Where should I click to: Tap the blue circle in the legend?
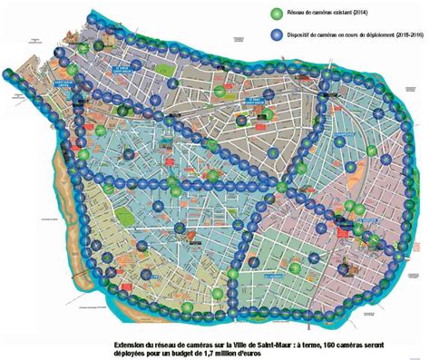click(278, 34)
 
